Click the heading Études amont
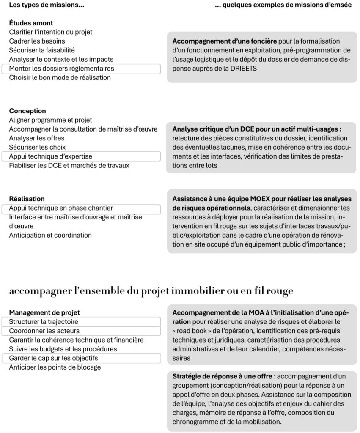[31, 23]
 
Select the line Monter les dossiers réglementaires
[61, 69]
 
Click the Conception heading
[27, 111]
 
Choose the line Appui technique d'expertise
[51, 156]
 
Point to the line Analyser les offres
[37, 138]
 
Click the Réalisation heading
[27, 199]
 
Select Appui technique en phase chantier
[61, 208]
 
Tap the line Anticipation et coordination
[50, 235]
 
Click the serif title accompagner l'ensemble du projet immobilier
[151, 291]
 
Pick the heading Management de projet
[44, 312]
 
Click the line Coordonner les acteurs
[44, 331]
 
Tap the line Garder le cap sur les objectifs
[53, 358]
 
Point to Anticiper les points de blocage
[55, 367]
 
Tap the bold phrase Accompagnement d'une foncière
[225, 41]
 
